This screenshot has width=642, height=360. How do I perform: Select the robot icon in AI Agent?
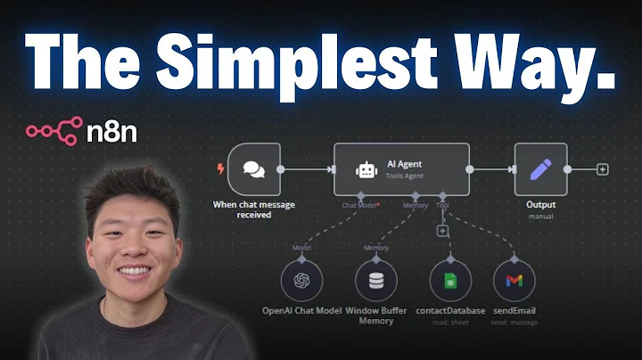pyautogui.click(x=365, y=168)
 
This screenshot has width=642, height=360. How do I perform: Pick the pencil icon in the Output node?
pyautogui.click(x=540, y=169)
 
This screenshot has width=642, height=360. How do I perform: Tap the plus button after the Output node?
pyautogui.click(x=603, y=169)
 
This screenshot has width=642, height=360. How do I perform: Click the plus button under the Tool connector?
pyautogui.click(x=441, y=231)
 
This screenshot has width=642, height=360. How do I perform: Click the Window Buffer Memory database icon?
pyautogui.click(x=376, y=282)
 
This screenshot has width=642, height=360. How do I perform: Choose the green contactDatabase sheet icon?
pyautogui.click(x=449, y=282)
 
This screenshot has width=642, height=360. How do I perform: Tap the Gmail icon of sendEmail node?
pyautogui.click(x=514, y=282)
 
